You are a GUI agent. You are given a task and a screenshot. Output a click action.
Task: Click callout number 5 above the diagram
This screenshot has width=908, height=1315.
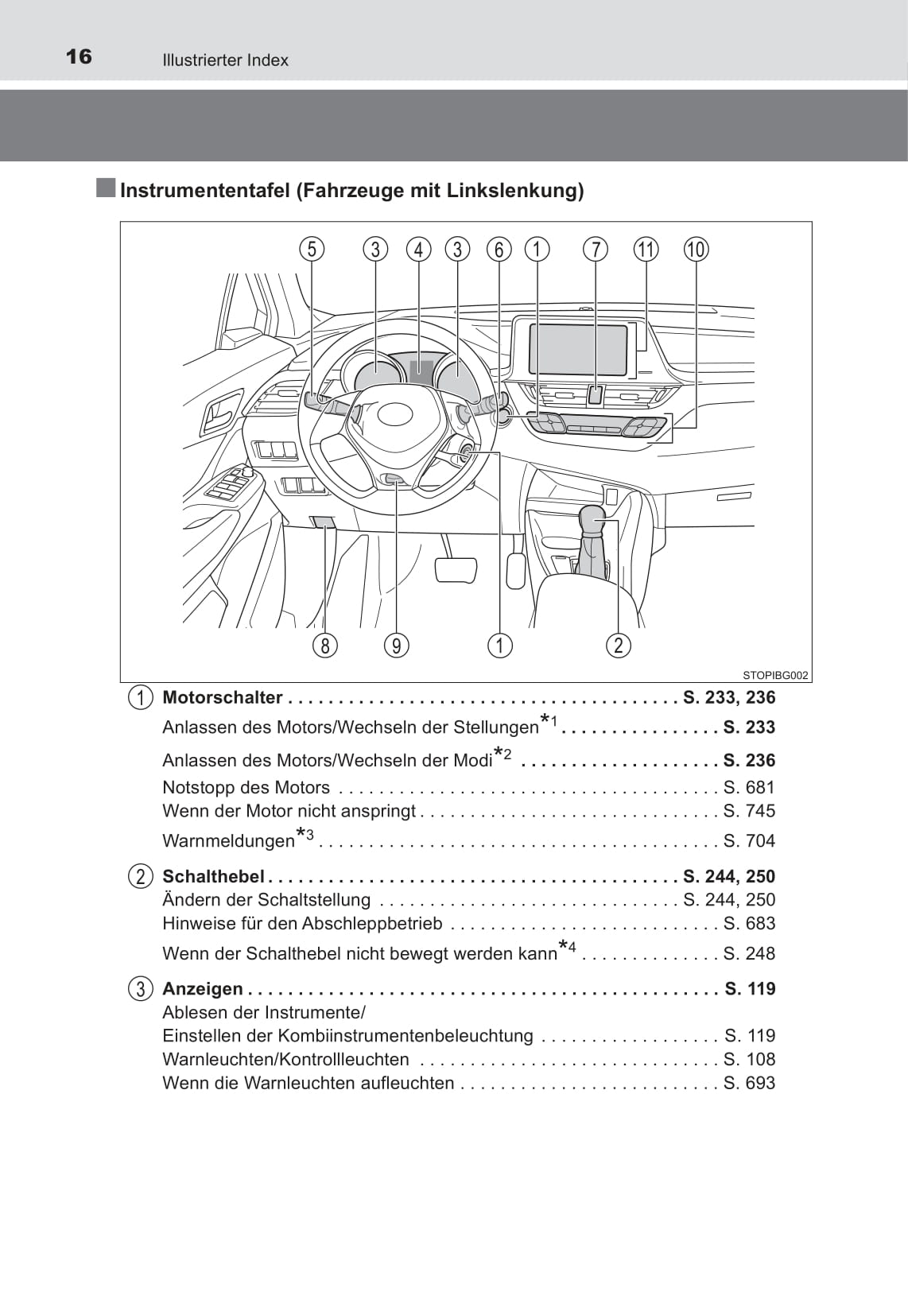[x=312, y=250]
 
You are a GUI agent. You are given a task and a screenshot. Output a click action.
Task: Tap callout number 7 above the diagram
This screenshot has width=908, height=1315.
[x=596, y=250]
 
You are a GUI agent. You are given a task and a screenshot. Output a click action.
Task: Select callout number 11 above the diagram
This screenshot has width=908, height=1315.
[x=646, y=250]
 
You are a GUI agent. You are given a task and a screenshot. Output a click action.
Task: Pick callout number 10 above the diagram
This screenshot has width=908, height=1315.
[x=696, y=250]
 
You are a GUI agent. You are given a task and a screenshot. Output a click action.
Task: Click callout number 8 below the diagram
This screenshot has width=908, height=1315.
[x=324, y=645]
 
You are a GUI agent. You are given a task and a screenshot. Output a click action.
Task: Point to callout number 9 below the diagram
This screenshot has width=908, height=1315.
[x=396, y=645]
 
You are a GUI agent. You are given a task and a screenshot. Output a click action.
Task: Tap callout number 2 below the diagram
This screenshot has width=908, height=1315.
[x=618, y=645]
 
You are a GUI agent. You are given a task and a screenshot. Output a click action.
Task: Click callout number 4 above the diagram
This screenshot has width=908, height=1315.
[x=418, y=250]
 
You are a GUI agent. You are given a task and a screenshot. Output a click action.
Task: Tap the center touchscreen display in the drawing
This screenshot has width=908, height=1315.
[x=579, y=350]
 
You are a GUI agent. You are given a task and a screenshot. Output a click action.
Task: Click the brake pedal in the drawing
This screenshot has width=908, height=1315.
[x=456, y=570]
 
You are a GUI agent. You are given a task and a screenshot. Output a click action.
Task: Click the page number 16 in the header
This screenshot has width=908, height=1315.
[x=79, y=56]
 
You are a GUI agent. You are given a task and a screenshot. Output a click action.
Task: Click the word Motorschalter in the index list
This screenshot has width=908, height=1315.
[x=222, y=698]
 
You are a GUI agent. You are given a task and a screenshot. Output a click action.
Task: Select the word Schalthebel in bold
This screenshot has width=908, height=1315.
[x=213, y=876]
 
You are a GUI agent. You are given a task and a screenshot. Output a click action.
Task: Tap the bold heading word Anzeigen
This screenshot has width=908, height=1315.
[x=203, y=989]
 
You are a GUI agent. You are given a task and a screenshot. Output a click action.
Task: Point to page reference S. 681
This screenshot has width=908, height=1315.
[x=749, y=788]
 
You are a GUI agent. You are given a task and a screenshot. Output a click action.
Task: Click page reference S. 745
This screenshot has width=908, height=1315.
[x=749, y=811]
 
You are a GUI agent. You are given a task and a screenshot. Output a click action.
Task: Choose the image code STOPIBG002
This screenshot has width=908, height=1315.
[x=775, y=676]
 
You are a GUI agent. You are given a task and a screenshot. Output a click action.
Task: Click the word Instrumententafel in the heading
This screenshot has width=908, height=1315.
[x=204, y=191]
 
